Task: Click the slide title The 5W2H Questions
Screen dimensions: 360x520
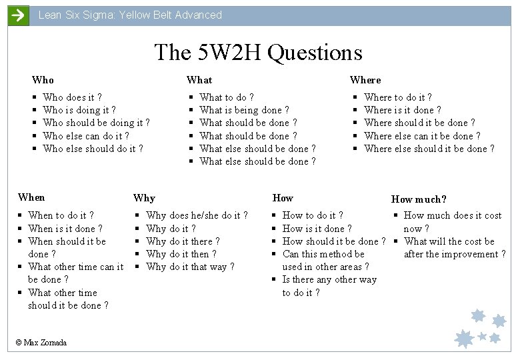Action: (x=258, y=52)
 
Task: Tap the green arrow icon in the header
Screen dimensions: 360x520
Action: (x=18, y=15)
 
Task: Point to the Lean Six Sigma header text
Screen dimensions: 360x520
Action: (x=130, y=15)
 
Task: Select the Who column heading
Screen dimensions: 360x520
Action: (x=43, y=80)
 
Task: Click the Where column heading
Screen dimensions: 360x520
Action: (x=365, y=80)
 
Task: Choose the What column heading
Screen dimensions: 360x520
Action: (x=199, y=80)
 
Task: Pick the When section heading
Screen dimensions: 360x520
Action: (x=31, y=197)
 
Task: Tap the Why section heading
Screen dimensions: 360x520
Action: (x=144, y=198)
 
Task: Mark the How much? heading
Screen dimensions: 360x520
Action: (x=419, y=199)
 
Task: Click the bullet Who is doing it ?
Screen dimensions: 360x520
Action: (x=79, y=110)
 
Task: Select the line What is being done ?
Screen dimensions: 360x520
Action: (x=244, y=110)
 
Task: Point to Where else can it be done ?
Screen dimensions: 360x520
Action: (x=422, y=136)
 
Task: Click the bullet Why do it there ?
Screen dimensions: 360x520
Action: (x=183, y=241)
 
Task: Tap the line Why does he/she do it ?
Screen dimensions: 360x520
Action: (x=197, y=215)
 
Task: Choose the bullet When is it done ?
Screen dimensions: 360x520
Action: (x=65, y=229)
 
